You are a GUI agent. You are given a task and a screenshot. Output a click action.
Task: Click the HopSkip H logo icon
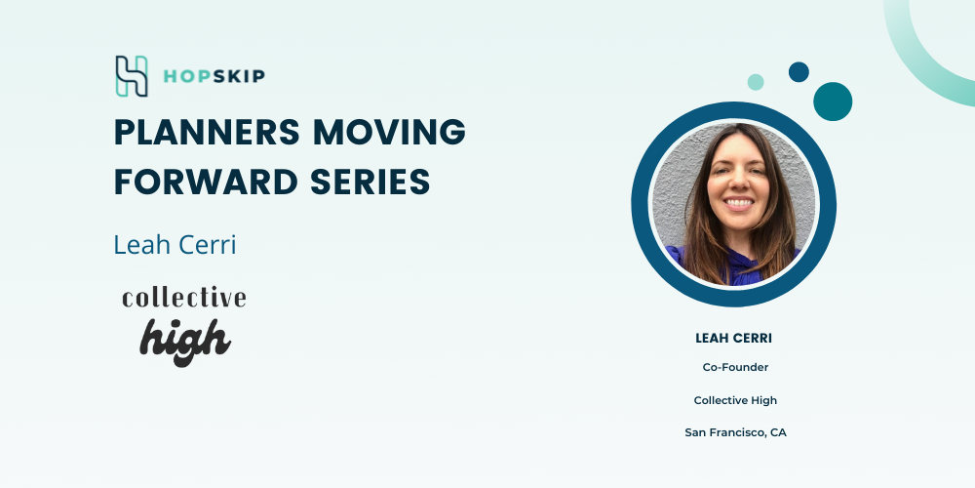click(132, 76)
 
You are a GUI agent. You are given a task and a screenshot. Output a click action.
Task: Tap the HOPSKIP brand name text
click(214, 76)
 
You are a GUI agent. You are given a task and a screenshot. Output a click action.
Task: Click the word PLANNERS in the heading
click(209, 132)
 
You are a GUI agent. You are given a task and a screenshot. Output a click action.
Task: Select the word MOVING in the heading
click(389, 132)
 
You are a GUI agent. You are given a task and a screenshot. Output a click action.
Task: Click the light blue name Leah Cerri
click(175, 245)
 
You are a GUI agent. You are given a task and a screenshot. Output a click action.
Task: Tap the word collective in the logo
click(184, 298)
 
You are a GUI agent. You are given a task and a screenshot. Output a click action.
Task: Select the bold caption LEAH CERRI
click(734, 339)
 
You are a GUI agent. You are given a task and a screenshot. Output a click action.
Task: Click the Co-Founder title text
click(735, 367)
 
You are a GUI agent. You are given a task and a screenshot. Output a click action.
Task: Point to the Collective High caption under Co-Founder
click(735, 400)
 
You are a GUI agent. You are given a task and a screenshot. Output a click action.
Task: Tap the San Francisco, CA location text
click(735, 432)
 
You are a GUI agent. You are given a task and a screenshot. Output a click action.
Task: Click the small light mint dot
click(756, 82)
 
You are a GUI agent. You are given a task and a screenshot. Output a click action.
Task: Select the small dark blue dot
click(799, 72)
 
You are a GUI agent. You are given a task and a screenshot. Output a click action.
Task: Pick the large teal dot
click(833, 102)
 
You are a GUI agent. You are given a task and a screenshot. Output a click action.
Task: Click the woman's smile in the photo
click(739, 203)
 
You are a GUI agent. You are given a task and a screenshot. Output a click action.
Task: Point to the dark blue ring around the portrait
click(641, 204)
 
